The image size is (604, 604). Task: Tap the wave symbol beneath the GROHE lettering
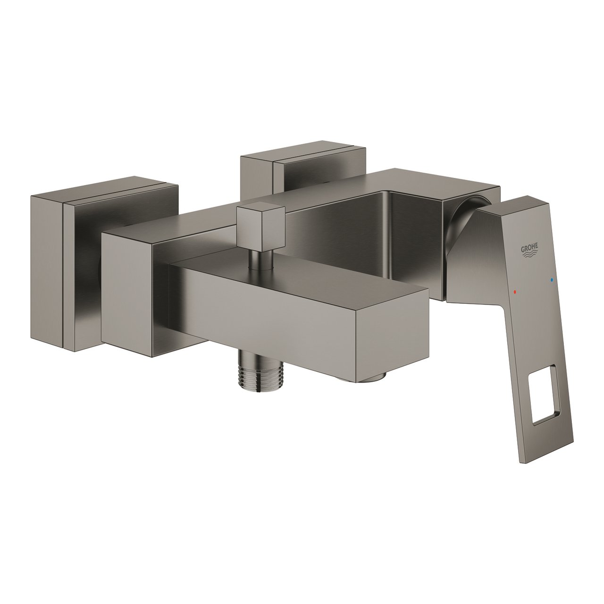click(531, 258)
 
